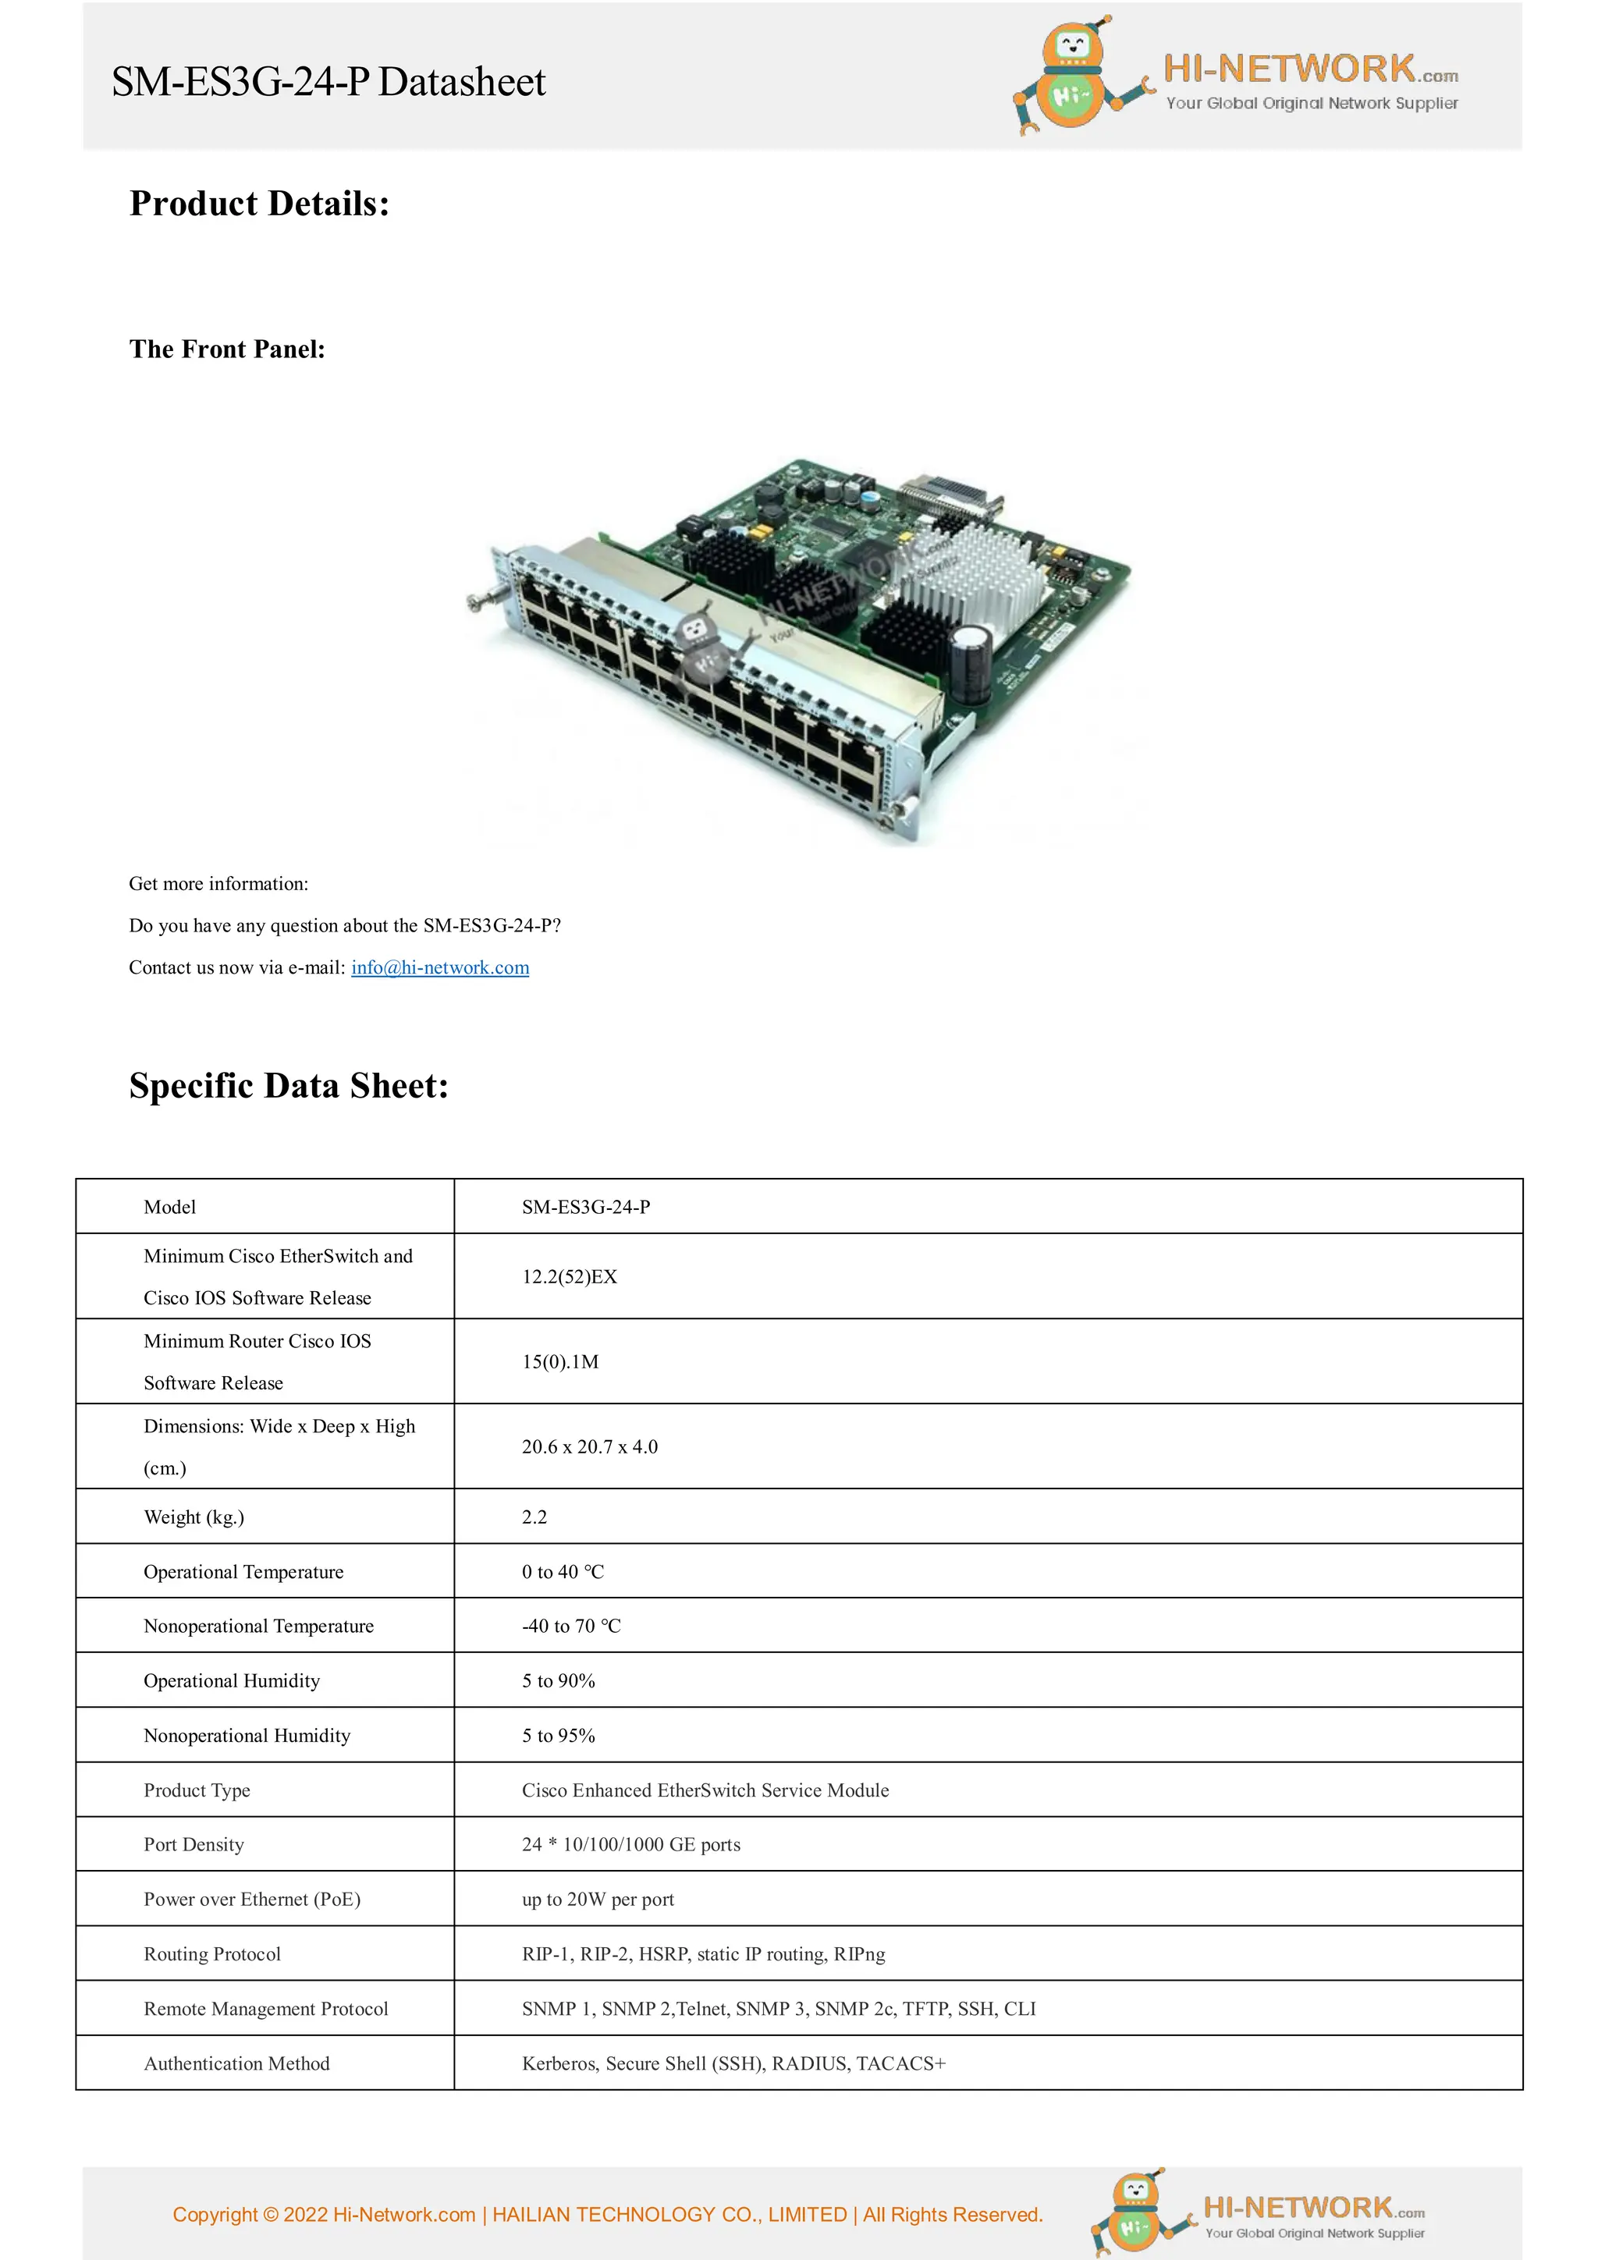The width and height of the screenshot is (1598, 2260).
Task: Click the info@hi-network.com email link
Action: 440,967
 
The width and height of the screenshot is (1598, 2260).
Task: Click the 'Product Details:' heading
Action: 260,204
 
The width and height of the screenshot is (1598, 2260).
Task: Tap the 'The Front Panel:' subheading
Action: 227,349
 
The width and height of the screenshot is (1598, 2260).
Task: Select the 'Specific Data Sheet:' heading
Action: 289,1086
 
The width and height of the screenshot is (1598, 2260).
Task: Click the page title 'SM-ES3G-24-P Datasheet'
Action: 328,82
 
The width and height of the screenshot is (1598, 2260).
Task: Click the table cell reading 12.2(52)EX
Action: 569,1277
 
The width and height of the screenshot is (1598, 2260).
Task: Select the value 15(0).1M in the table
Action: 560,1362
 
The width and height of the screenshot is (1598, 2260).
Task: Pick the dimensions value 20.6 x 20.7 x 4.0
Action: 590,1447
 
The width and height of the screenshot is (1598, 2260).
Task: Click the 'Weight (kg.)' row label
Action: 194,1517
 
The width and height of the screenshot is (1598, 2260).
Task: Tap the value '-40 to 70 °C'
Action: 571,1626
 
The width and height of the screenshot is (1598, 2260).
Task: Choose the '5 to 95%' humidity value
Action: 558,1735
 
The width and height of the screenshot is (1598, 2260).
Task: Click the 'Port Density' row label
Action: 194,1845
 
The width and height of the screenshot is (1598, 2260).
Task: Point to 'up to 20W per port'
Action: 598,1900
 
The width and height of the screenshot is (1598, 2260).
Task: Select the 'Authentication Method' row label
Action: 236,2063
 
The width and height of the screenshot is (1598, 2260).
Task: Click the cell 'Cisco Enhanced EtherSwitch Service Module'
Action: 705,1790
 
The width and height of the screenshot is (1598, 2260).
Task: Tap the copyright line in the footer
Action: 608,2215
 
